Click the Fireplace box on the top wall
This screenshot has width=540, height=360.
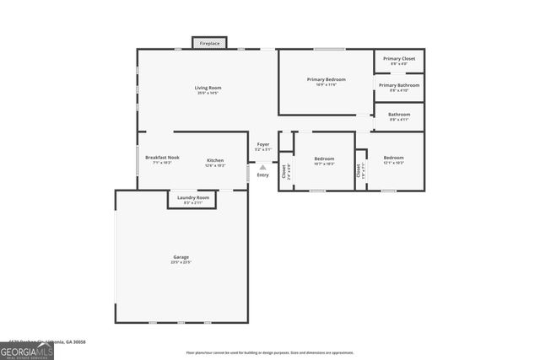[208, 42]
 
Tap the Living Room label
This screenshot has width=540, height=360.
[208, 88]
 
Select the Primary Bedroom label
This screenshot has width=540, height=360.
[326, 79]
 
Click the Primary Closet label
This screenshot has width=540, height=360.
[398, 59]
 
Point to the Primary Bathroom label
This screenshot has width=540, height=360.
[398, 85]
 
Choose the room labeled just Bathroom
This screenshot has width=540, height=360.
[399, 115]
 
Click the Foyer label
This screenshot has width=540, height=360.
[263, 145]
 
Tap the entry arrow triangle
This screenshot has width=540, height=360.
[263, 167]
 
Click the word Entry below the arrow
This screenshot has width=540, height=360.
[263, 175]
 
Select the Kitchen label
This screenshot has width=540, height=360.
[215, 160]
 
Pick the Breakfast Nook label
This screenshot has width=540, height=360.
[162, 158]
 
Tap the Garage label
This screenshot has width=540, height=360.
[181, 257]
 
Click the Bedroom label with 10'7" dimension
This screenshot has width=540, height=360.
[324, 159]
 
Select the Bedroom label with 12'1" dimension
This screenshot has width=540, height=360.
[393, 159]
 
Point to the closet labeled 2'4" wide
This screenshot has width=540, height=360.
[285, 171]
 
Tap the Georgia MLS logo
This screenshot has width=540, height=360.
[27, 348]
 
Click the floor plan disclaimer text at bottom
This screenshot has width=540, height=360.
[270, 352]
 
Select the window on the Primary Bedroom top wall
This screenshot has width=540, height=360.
[329, 49]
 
